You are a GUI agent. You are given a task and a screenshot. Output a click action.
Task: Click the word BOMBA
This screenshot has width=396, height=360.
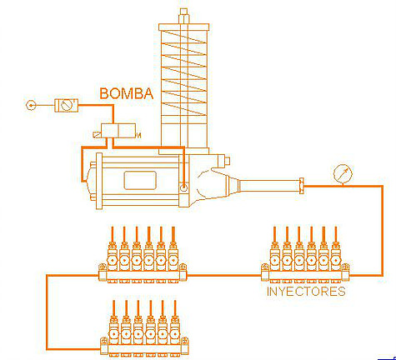pos(127,93)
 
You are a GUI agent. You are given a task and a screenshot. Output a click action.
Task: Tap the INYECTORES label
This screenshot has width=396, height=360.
pos(306,292)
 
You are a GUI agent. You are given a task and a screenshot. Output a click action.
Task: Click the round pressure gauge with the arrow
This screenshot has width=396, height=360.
pos(343,174)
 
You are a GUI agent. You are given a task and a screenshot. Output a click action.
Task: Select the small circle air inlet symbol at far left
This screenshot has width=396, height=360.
pos(31,105)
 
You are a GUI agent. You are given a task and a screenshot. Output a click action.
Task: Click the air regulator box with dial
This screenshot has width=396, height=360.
pos(66,105)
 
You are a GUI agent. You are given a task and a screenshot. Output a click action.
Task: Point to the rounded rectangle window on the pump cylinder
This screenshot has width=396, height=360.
pos(140,181)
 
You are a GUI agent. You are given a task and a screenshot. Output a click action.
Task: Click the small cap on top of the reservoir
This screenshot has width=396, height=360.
pos(184,16)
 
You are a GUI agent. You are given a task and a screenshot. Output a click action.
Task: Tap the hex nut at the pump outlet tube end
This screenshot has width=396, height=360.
pos(301,186)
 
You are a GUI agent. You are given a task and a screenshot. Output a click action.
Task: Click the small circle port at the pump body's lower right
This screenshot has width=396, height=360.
pos(183,187)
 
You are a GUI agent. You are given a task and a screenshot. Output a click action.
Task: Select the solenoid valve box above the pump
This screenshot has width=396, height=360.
pos(118,131)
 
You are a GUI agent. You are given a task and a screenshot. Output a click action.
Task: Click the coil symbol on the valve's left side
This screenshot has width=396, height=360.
pos(97,135)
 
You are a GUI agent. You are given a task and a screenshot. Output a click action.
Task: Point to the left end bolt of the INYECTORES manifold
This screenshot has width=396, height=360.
pos(265,268)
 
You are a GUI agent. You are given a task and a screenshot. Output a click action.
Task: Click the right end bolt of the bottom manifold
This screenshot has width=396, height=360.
pos(185,341)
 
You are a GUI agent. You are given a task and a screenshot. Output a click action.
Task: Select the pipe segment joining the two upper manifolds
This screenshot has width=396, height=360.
pos(224,276)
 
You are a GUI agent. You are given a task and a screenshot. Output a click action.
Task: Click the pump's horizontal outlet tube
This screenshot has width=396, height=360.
pos(268,186)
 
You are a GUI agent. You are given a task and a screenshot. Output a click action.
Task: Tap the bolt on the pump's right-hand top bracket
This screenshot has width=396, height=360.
pos(227,161)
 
